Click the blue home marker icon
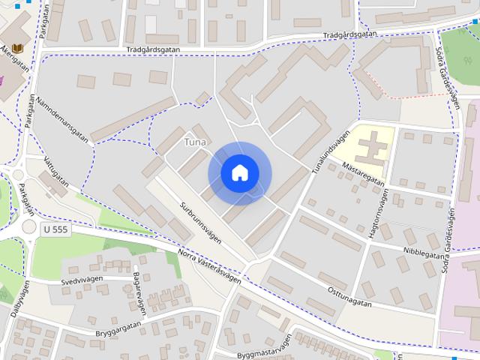[240, 172]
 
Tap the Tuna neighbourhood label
[195, 142]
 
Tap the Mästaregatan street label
[363, 173]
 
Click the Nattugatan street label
[55, 172]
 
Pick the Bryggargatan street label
[118, 330]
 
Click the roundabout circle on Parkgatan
[29, 226]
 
